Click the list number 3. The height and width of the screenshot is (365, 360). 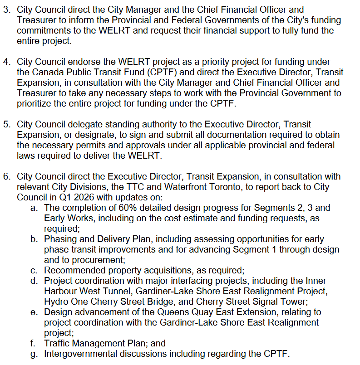point(6,10)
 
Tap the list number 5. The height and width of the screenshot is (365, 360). point(6,124)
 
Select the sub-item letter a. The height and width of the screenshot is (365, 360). point(34,208)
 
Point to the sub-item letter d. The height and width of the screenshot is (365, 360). point(34,281)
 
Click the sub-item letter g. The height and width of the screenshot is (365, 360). point(34,354)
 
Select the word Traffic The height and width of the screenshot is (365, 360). point(57,344)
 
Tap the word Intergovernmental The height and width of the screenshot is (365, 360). point(82,354)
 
